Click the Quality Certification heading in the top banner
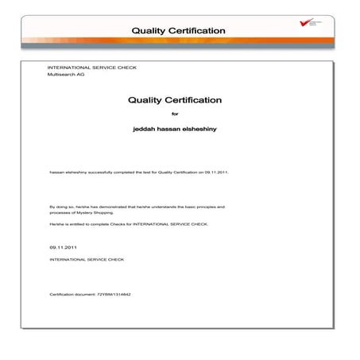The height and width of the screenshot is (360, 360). coord(179,30)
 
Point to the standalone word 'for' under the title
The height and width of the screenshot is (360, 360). coord(176,114)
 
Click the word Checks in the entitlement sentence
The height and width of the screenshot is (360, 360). coord(120,225)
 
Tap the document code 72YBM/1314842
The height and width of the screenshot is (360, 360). coord(110,294)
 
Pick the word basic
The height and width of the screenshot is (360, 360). coord(188,207)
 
